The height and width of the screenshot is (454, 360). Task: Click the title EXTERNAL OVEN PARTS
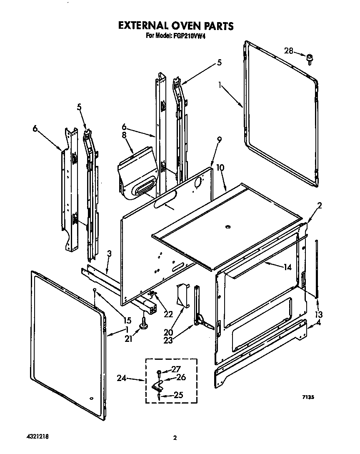point(175,25)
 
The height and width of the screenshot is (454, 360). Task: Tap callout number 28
point(289,51)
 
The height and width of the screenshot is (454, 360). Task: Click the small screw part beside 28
point(310,58)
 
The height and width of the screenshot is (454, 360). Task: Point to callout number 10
point(220,168)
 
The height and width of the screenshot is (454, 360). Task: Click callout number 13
point(319,314)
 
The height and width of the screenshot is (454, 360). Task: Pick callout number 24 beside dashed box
point(121,379)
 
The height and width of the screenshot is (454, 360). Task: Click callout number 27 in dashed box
point(177,369)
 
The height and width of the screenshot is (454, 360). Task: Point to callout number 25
point(178,394)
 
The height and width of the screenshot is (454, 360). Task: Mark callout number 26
point(180,378)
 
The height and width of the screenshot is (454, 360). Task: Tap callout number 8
point(123,135)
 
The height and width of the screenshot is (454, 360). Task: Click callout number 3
point(109,253)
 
